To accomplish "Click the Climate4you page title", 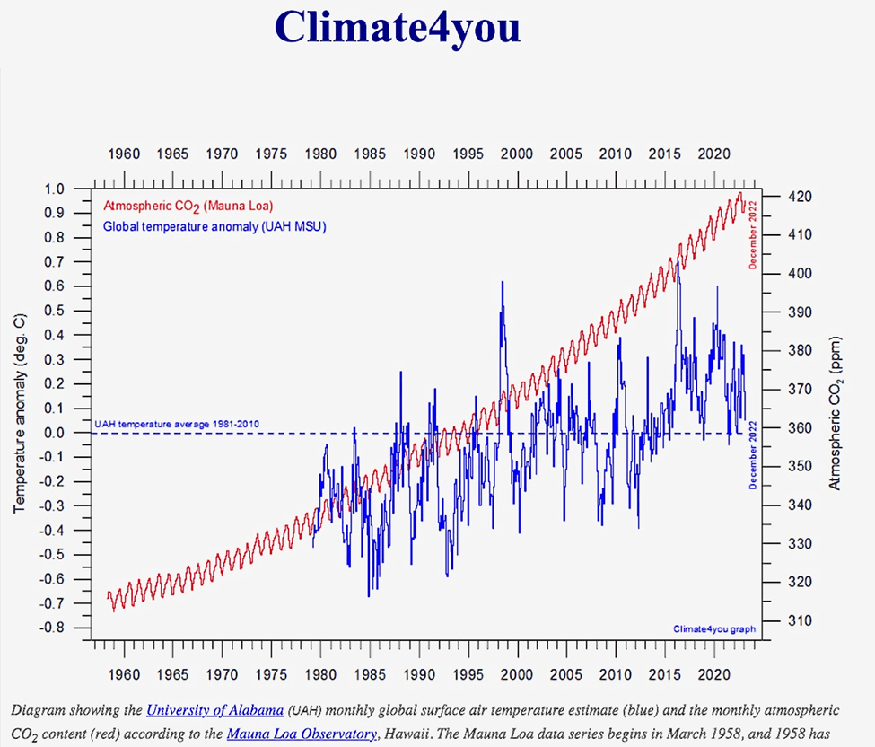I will tap(398, 26).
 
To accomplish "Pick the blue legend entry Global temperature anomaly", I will tap(214, 226).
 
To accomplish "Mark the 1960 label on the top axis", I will tap(124, 154).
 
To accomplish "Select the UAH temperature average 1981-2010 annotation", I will tap(177, 424).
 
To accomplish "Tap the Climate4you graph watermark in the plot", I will tap(714, 629).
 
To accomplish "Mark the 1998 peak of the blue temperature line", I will tap(502, 282).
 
